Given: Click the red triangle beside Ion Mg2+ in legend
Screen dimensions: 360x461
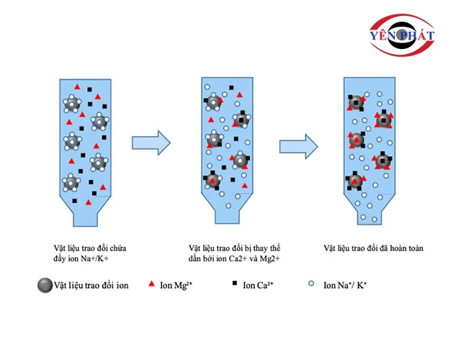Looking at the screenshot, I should pos(153,285).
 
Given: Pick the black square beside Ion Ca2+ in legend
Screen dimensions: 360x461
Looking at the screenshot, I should pos(234,285).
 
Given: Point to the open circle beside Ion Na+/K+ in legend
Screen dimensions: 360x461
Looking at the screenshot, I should pos(311,285).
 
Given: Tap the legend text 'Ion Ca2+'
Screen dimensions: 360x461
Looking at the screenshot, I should pos(260,286).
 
